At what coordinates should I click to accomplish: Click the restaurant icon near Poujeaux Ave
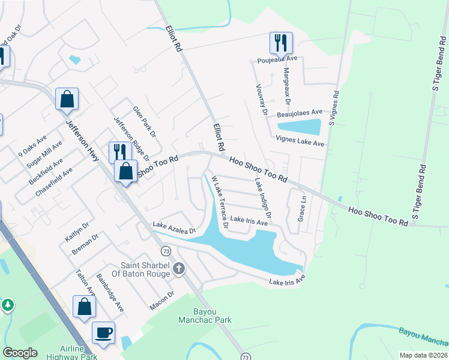281,43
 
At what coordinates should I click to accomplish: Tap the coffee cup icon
103,332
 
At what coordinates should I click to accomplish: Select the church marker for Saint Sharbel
179,269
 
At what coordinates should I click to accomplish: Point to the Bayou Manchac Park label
204,316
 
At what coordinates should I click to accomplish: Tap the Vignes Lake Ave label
300,143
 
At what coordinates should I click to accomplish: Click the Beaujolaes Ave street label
300,113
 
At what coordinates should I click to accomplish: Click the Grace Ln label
303,207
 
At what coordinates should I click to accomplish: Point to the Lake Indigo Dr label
263,198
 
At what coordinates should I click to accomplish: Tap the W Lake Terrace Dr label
218,202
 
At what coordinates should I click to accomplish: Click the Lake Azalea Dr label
175,227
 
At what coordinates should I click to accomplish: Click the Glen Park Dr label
144,121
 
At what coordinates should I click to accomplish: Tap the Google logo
20,353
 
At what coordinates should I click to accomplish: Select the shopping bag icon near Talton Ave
84,306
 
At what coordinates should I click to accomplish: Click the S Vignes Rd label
334,110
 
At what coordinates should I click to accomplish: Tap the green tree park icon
7,305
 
